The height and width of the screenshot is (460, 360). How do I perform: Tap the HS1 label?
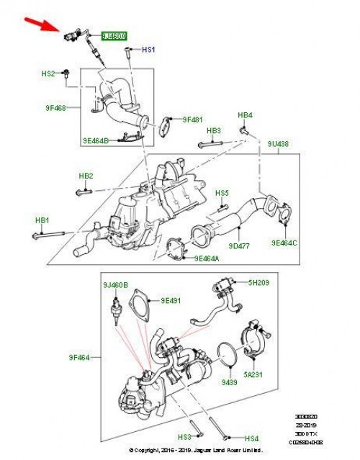(x=148, y=50)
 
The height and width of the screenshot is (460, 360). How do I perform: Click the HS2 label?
(x=48, y=73)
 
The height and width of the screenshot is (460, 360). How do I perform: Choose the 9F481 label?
(x=193, y=120)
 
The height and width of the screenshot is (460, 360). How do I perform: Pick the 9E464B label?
(x=96, y=140)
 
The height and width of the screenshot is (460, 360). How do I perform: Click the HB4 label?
(x=245, y=115)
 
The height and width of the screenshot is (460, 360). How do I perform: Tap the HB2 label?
(x=86, y=176)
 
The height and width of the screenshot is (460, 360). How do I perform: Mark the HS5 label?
(x=222, y=193)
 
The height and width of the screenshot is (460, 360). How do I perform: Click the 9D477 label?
(x=240, y=246)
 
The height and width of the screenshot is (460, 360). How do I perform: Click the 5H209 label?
(x=258, y=283)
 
